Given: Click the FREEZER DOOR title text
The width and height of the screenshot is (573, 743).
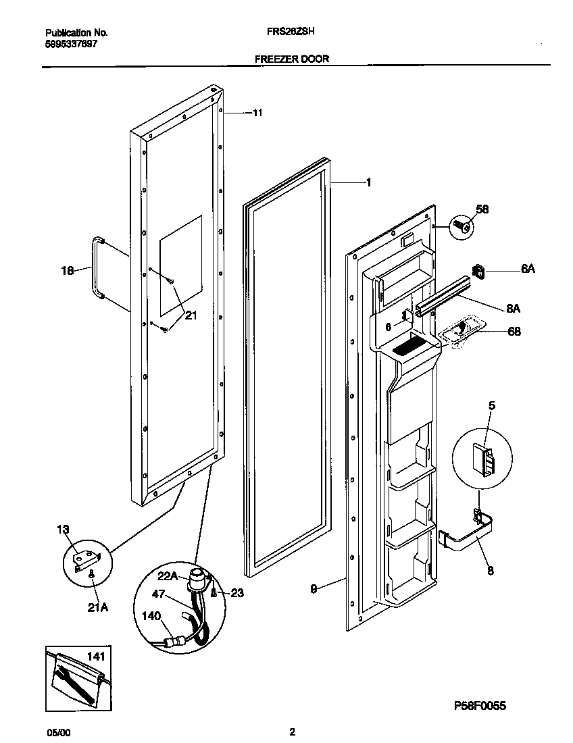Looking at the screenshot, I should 291,59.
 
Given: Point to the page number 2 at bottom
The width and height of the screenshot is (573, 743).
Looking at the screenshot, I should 291,732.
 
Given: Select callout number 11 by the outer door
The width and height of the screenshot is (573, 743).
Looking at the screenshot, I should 257,113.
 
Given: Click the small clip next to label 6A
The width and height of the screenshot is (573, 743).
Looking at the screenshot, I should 478,272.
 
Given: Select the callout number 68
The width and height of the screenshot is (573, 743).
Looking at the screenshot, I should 514,332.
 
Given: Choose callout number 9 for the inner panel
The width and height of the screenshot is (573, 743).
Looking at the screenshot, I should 314,588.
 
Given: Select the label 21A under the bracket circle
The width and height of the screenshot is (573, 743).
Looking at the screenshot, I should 97,607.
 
